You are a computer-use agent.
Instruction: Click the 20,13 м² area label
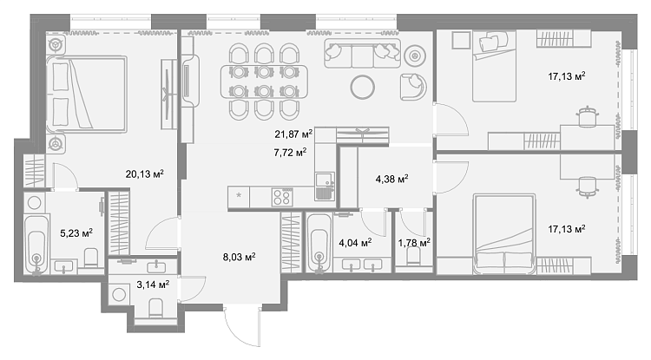point(144,173)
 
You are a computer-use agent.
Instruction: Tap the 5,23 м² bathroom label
point(76,233)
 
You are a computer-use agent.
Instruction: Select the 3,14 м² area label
point(153,285)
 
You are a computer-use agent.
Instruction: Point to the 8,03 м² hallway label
point(240,257)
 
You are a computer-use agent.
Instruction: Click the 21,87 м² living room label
point(293,134)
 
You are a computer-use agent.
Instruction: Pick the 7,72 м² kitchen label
point(290,153)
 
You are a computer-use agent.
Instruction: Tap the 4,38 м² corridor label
point(392,180)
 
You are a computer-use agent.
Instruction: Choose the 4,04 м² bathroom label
point(355,243)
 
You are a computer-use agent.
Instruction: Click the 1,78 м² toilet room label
point(414,243)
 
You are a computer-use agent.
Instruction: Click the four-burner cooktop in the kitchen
point(282,197)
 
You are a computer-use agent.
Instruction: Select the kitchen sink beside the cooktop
point(325,187)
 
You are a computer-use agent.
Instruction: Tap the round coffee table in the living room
point(363,87)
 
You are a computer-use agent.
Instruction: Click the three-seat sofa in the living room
point(363,54)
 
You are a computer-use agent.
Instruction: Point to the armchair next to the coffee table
point(413,87)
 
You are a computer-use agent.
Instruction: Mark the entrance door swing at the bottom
point(242,328)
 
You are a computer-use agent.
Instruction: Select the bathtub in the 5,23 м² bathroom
point(36,245)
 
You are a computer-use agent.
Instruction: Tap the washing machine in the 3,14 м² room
point(119,294)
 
